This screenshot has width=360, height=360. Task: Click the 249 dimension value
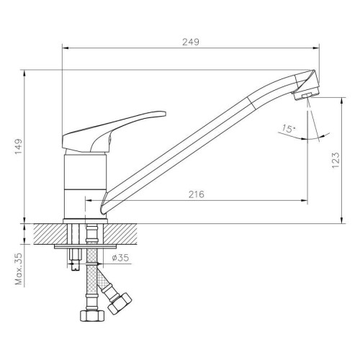pyautogui.click(x=191, y=42)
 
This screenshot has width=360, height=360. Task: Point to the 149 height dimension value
pyautogui.click(x=19, y=147)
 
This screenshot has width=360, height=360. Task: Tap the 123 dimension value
pyautogui.click(x=336, y=160)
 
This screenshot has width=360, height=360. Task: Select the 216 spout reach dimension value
pyautogui.click(x=197, y=194)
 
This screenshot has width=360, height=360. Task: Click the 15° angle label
pyautogui.click(x=288, y=129)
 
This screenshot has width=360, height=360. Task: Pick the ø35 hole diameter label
pyautogui.click(x=120, y=258)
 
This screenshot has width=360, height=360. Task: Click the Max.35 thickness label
pyautogui.click(x=19, y=269)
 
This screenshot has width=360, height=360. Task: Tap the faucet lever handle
pyautogui.click(x=114, y=132)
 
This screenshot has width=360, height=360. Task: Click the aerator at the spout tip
pyautogui.click(x=305, y=95)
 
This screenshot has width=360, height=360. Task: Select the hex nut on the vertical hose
pyautogui.click(x=92, y=315)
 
